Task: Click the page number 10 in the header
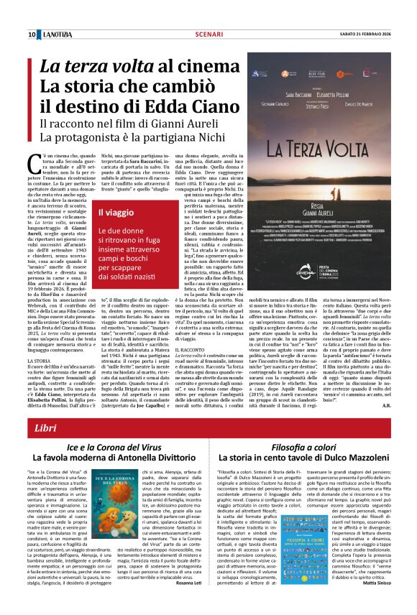pos(32,34)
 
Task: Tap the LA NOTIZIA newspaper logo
pos(55,34)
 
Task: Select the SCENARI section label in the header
pos(208,34)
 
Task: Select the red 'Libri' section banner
pos(208,429)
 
